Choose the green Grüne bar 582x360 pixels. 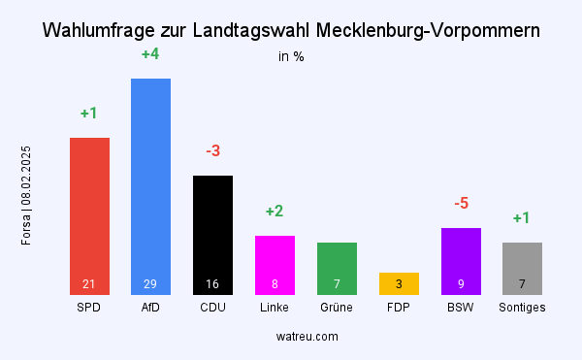pos(337,268)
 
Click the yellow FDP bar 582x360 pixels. pos(399,283)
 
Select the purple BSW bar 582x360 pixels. pos(461,260)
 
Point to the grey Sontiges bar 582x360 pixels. pos(522,268)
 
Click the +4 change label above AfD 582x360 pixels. pos(150,54)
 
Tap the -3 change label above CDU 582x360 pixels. pos(212,151)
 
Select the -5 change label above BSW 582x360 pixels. pos(461,204)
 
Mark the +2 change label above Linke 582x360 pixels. pos(275,212)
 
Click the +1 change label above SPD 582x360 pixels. pos(89,114)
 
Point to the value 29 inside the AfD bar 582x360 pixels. pos(150,284)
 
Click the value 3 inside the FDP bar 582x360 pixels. pos(399,284)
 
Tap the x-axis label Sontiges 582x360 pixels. pos(522,308)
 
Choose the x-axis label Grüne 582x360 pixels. pos(337,308)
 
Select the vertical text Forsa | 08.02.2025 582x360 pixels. pos(27,195)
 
